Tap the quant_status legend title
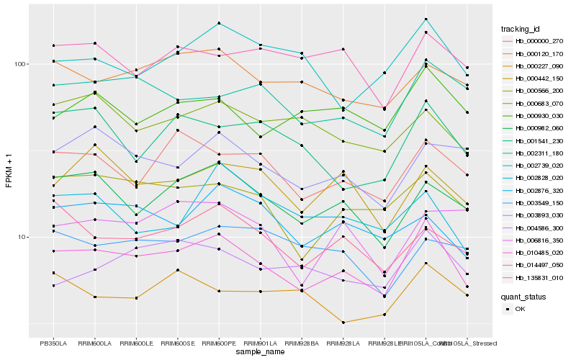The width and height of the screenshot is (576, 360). click(524, 297)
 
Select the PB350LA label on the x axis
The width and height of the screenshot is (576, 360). click(53, 343)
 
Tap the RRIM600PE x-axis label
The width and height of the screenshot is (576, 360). click(219, 343)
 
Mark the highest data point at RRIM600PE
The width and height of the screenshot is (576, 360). click(219, 23)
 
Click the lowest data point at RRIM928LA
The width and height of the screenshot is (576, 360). click(343, 323)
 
